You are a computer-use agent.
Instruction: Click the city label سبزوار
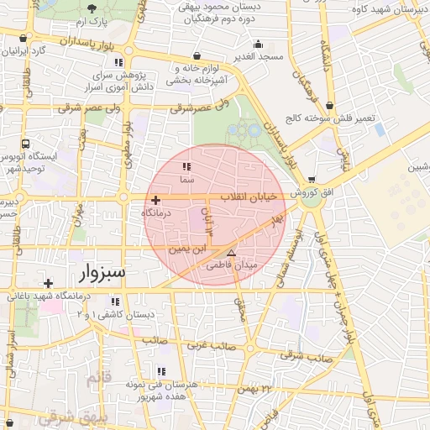pyautogui.click(x=104, y=273)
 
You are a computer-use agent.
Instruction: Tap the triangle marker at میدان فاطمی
pyautogui.click(x=232, y=253)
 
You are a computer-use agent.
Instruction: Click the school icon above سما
pyautogui.click(x=186, y=167)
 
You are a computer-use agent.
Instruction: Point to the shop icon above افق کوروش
pyautogui.click(x=312, y=179)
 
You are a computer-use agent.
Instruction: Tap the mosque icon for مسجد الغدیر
pyautogui.click(x=258, y=44)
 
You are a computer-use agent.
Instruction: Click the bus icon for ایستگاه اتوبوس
pyautogui.click(x=26, y=144)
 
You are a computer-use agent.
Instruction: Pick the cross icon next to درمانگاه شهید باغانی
pyautogui.click(x=49, y=284)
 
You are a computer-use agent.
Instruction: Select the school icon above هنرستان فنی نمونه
pyautogui.click(x=160, y=371)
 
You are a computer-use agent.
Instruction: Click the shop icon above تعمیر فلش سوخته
pyautogui.click(x=329, y=107)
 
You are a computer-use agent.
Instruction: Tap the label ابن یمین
pyautogui.click(x=186, y=249)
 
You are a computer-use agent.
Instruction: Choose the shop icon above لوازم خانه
pyautogui.click(x=197, y=55)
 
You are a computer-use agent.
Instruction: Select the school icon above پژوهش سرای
pyautogui.click(x=118, y=63)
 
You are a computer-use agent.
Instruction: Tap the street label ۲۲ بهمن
pyautogui.click(x=257, y=389)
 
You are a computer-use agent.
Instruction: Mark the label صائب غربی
pyautogui.click(x=210, y=345)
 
